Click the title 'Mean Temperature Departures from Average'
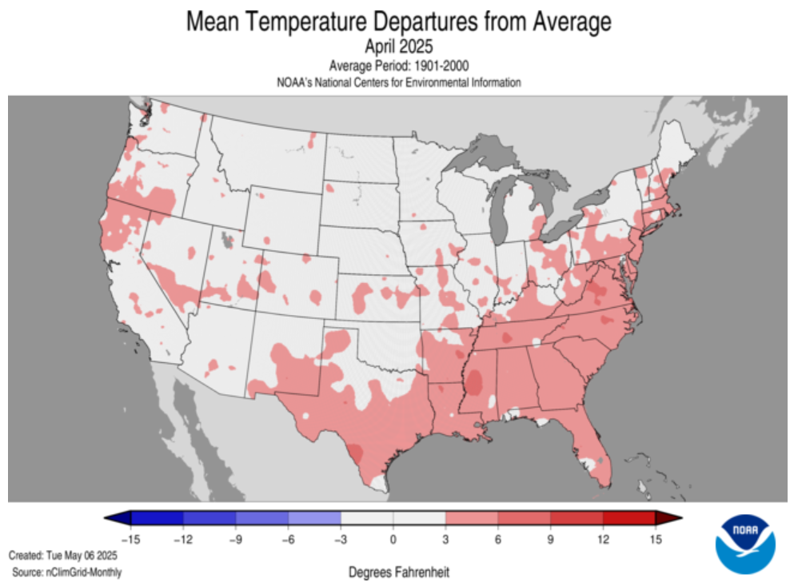[x=398, y=22]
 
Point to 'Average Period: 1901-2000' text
[x=398, y=66]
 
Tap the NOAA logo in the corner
[x=744, y=544]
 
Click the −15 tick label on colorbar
[x=130, y=539]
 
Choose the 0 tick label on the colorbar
[x=393, y=539]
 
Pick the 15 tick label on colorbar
[x=655, y=539]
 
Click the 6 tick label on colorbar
[x=497, y=539]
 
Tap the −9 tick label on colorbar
[x=235, y=539]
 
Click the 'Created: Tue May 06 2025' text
[x=63, y=555]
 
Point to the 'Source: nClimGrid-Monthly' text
[x=67, y=572]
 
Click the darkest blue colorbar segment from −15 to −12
[x=157, y=518]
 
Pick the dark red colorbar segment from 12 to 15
[x=628, y=518]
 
